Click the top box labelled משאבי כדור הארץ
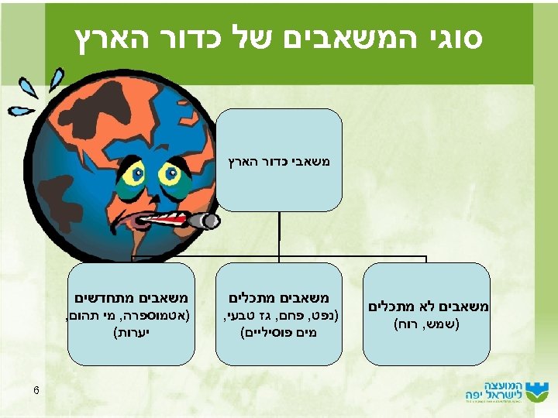[279, 160]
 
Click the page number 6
[36, 389]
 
